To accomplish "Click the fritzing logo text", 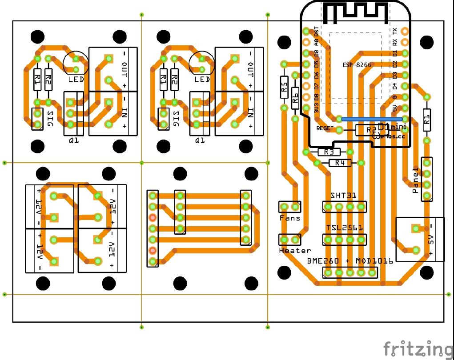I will point(418,348).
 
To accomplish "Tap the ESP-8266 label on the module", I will point(357,65).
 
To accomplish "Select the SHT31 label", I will point(343,196).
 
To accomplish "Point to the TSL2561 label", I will point(345,228).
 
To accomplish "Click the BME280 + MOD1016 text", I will point(350,261).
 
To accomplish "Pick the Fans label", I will point(289,218).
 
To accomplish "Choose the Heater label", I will point(295,251).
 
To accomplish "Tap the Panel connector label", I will point(416,181).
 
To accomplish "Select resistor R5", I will point(284,87).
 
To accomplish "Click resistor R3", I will point(329,152).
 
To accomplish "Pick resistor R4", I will point(340,163).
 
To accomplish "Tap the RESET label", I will point(325,128).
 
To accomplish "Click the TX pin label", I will point(394,31).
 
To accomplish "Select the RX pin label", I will point(394,42).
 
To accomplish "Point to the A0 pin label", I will point(317,42).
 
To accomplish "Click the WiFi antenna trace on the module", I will point(354,13).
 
